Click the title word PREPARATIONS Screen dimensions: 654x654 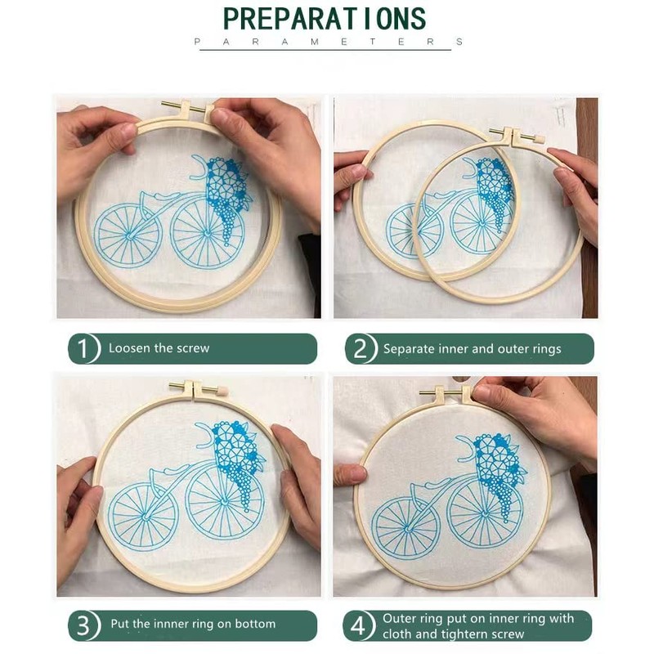click(x=325, y=19)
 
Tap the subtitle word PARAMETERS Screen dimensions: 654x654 click(x=329, y=42)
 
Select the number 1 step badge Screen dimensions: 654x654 click(x=84, y=348)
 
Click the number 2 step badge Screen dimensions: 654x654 click(x=361, y=349)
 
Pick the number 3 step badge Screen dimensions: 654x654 click(x=84, y=625)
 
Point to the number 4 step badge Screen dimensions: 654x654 click(x=359, y=625)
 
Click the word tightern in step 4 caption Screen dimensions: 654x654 click(x=464, y=634)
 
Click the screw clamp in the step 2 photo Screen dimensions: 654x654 click(x=517, y=135)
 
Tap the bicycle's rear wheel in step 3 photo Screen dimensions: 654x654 click(x=145, y=516)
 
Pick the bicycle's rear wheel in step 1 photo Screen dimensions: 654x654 click(x=128, y=236)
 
